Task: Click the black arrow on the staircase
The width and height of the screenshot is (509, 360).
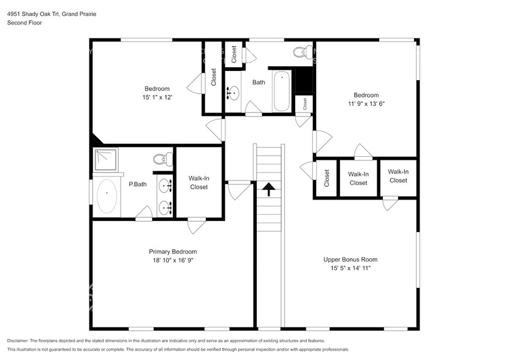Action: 268,190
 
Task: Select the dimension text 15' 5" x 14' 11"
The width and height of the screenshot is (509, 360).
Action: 347,268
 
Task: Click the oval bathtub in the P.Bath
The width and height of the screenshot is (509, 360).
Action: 107,196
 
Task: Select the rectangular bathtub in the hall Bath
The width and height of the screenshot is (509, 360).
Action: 281,91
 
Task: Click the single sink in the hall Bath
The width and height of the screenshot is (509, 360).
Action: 233,94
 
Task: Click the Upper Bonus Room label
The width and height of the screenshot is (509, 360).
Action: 347,260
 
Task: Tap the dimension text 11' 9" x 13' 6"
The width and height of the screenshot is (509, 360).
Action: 366,103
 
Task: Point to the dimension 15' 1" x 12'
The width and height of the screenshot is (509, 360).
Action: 157,97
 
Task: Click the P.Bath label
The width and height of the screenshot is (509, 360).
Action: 137,184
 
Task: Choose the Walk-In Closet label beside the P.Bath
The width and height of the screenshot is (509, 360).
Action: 199,182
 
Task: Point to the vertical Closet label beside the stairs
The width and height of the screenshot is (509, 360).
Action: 326,178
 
